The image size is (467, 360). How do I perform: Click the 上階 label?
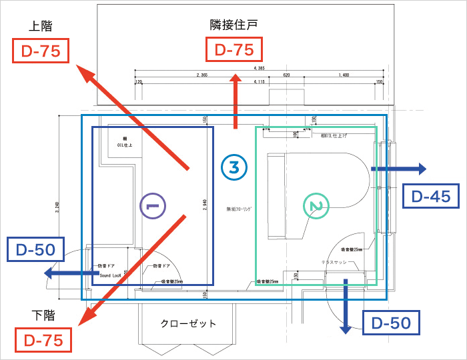41,26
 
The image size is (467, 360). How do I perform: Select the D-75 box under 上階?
41,51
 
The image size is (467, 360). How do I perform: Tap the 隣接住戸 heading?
233,25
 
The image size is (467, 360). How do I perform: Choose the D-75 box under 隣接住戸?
233,49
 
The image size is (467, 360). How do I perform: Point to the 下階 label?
41,315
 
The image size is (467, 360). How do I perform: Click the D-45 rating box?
431,196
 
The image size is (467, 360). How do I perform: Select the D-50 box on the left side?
35,251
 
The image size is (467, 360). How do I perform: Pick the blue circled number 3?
234,167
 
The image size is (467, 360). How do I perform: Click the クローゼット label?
188,324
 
